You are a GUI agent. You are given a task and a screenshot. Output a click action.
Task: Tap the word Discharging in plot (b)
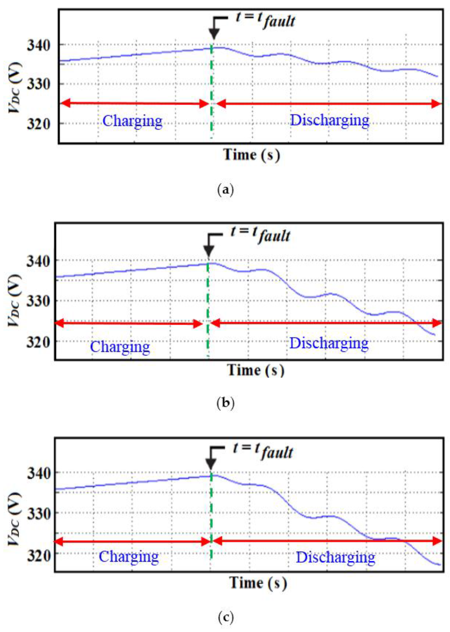tap(329, 343)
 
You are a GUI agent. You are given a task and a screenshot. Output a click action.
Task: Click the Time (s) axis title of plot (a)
tap(252, 155)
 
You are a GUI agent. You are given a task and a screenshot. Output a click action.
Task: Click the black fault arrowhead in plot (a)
tap(214, 35)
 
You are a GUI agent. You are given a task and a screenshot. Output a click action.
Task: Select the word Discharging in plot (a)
tap(329, 120)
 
